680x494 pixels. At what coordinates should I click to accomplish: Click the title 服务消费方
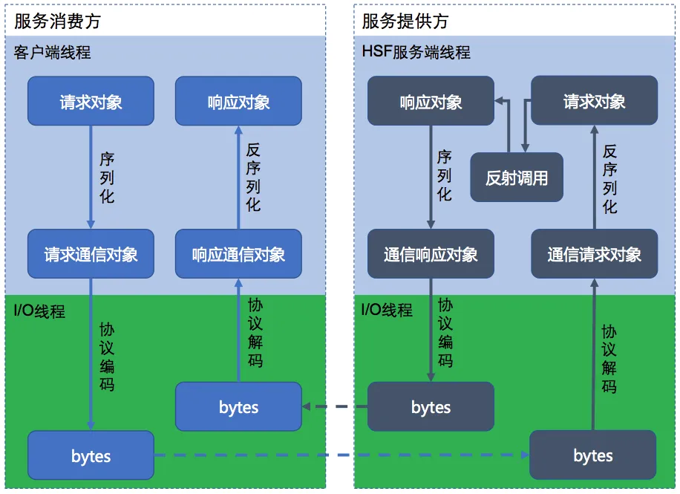57,21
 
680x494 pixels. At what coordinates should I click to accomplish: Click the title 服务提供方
405,21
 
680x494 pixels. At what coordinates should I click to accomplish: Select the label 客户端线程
52,53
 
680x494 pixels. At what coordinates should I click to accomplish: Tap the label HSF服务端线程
416,53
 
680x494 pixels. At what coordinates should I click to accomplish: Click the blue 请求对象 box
91,101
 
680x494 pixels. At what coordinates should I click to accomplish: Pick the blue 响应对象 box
238,101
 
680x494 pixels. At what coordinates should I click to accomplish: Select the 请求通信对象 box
91,254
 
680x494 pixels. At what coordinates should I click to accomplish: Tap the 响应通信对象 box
238,254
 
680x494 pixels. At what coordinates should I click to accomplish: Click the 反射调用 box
517,178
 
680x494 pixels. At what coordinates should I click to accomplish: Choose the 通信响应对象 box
431,254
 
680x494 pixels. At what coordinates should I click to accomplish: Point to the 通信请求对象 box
594,254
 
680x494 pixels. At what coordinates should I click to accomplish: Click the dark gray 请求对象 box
594,100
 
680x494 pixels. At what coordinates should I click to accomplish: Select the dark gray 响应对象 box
431,101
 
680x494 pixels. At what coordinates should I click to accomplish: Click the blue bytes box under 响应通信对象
238,406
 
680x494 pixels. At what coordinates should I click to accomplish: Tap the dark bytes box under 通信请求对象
592,455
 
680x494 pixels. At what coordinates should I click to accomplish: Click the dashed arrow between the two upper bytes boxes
335,406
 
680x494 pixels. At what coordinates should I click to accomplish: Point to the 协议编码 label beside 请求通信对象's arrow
107,357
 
